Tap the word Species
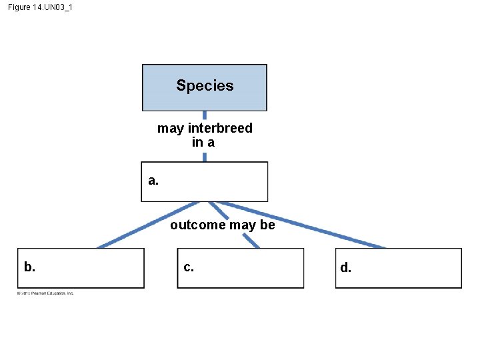pyautogui.click(x=205, y=85)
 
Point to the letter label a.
pyautogui.click(x=153, y=180)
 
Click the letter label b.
pyautogui.click(x=29, y=267)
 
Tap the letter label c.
pyautogui.click(x=189, y=267)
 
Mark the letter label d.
pyautogui.click(x=345, y=268)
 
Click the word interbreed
pyautogui.click(x=220, y=128)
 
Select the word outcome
pyautogui.click(x=198, y=225)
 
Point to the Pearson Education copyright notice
pyautogui.click(x=45, y=293)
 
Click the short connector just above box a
pyautogui.click(x=204, y=157)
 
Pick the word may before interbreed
pyautogui.click(x=171, y=128)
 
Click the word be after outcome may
pyautogui.click(x=267, y=225)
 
